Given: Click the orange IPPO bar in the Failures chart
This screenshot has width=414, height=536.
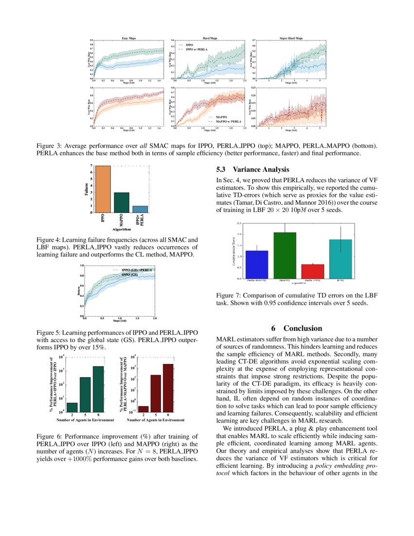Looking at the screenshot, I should point(103,189).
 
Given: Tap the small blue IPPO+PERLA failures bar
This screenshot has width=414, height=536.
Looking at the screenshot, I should point(140,209).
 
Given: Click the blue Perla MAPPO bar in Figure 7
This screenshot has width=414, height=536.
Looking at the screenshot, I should point(257,265).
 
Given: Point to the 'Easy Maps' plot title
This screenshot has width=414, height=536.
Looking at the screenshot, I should point(129,38).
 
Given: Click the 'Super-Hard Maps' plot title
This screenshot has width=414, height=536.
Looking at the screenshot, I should point(291,38).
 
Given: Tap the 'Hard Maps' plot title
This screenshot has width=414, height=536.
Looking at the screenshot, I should point(210,38).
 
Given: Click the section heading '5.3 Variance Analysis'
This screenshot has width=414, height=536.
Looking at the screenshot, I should point(252,170).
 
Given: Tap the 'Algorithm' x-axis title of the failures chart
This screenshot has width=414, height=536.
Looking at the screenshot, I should point(122,229).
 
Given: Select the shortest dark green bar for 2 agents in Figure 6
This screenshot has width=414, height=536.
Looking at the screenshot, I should point(72,406).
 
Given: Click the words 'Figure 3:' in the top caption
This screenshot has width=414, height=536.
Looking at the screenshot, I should point(49,146).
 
